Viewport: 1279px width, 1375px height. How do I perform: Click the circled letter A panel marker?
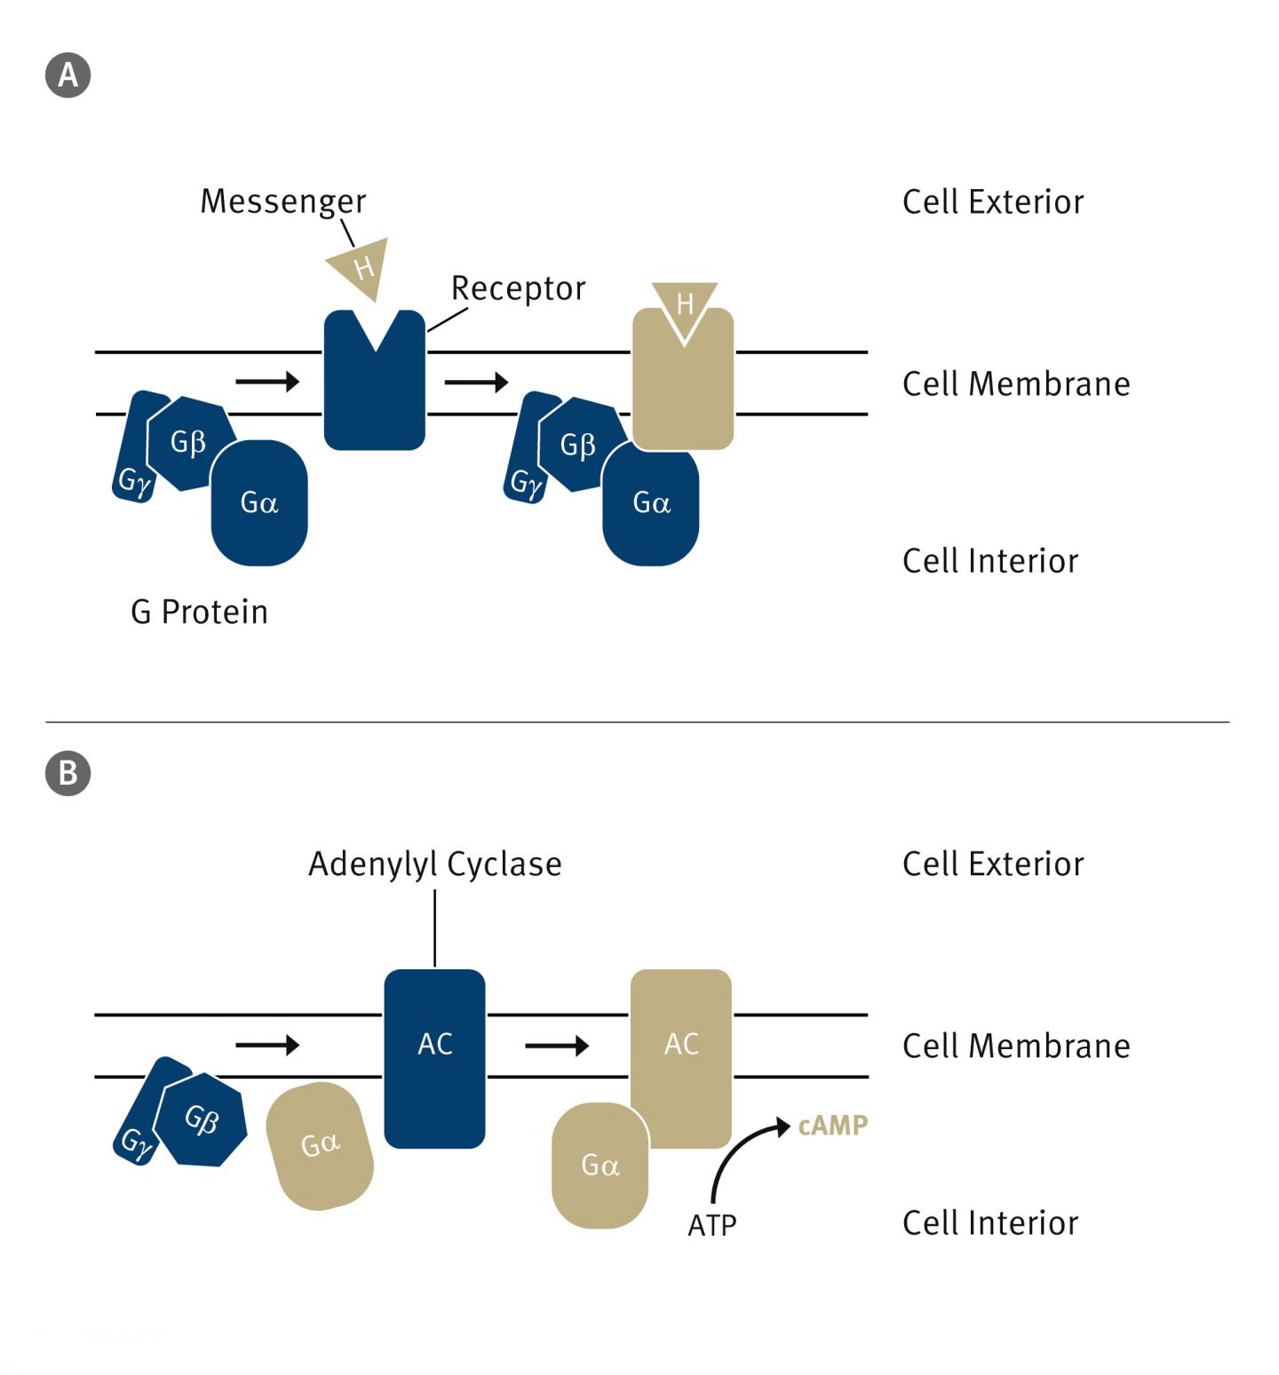[x=68, y=75]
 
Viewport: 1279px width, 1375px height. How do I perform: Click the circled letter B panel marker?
[x=68, y=773]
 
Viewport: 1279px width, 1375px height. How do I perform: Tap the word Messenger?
[x=282, y=202]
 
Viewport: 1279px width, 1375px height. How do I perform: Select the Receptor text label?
[x=518, y=288]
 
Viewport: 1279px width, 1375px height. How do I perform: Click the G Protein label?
[x=199, y=612]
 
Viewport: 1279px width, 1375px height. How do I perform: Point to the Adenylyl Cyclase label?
[x=434, y=864]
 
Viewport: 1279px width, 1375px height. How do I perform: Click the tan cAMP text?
[x=832, y=1126]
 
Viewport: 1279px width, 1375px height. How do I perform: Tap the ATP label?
[x=711, y=1226]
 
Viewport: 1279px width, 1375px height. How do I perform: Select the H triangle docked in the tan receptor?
[x=684, y=306]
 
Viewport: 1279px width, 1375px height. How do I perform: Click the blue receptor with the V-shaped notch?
[x=374, y=391]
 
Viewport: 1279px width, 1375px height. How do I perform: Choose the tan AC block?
[x=681, y=1056]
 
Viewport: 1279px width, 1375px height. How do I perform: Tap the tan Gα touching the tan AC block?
[x=600, y=1166]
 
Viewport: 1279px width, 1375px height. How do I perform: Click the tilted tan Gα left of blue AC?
[x=320, y=1145]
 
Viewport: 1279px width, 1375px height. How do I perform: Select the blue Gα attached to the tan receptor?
[x=650, y=506]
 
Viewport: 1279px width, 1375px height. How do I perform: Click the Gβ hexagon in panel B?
[x=201, y=1119]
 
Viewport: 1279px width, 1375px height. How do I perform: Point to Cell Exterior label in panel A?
[x=992, y=202]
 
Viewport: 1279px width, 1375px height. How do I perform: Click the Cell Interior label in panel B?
[x=989, y=1223]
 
